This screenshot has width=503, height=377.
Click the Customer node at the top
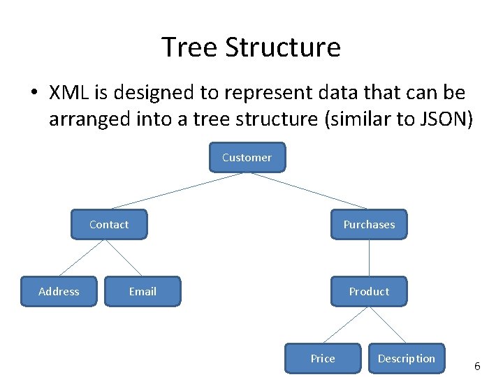pyautogui.click(x=247, y=157)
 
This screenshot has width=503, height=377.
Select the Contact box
pyautogui.click(x=109, y=224)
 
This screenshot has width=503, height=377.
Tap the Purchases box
pyautogui.click(x=369, y=224)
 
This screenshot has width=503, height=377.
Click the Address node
pyautogui.click(x=59, y=291)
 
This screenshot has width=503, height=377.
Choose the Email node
pyautogui.click(x=143, y=291)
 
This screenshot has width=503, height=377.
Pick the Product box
pyautogui.click(x=369, y=291)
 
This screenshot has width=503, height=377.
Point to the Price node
pyautogui.click(x=323, y=358)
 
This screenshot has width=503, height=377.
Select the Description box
pyautogui.click(x=407, y=358)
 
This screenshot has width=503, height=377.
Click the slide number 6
pyautogui.click(x=477, y=366)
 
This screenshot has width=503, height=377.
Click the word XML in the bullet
pyautogui.click(x=68, y=93)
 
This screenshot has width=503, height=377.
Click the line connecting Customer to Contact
pyautogui.click(x=177, y=191)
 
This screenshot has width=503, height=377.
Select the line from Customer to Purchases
pyautogui.click(x=309, y=191)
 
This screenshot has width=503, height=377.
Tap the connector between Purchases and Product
pyautogui.click(x=369, y=258)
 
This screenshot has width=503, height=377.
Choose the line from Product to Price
pyautogui.click(x=344, y=325)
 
